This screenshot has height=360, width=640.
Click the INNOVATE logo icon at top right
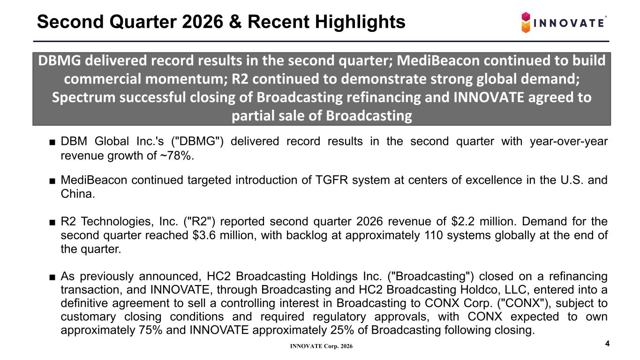tap(526, 22)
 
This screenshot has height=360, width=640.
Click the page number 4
tap(607, 344)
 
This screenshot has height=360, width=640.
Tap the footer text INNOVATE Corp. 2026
tap(321, 346)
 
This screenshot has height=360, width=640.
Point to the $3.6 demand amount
tap(204, 235)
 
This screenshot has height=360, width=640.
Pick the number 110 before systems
tap(433, 235)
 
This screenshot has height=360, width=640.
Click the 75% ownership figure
tap(151, 330)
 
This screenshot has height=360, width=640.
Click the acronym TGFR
tap(331, 180)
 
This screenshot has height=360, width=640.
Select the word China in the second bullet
tap(78, 194)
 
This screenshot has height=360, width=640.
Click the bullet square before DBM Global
tap(52, 142)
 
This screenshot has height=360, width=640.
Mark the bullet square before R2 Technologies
tap(52, 222)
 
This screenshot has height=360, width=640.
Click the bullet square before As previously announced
tap(52, 277)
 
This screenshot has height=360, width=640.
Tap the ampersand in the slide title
tap(235, 22)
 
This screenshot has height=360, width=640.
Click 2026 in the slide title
tap(202, 22)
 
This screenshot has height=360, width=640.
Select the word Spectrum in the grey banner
tap(83, 97)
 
